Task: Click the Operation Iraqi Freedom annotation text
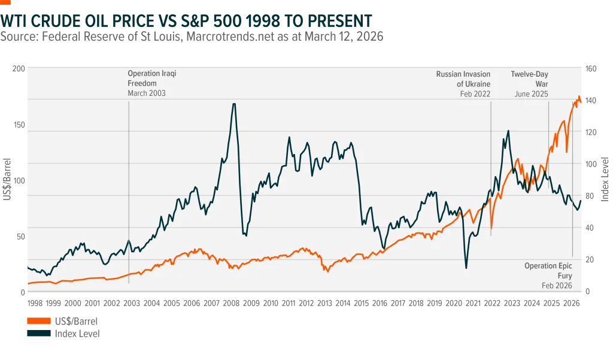point(151,78)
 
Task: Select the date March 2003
point(146,93)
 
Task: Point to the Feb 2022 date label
point(475,94)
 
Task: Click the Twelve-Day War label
point(529,78)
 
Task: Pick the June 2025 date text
point(531,94)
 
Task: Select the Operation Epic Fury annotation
point(548,271)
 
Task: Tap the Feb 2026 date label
point(557,286)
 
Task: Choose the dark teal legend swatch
point(38,333)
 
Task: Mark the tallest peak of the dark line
point(234,104)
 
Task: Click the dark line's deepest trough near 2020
point(466,267)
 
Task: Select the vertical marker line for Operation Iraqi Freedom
point(129,180)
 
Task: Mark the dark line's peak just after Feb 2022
point(508,131)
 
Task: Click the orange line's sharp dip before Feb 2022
point(491,228)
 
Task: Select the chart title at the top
point(186,21)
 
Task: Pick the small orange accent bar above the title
point(6,2)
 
